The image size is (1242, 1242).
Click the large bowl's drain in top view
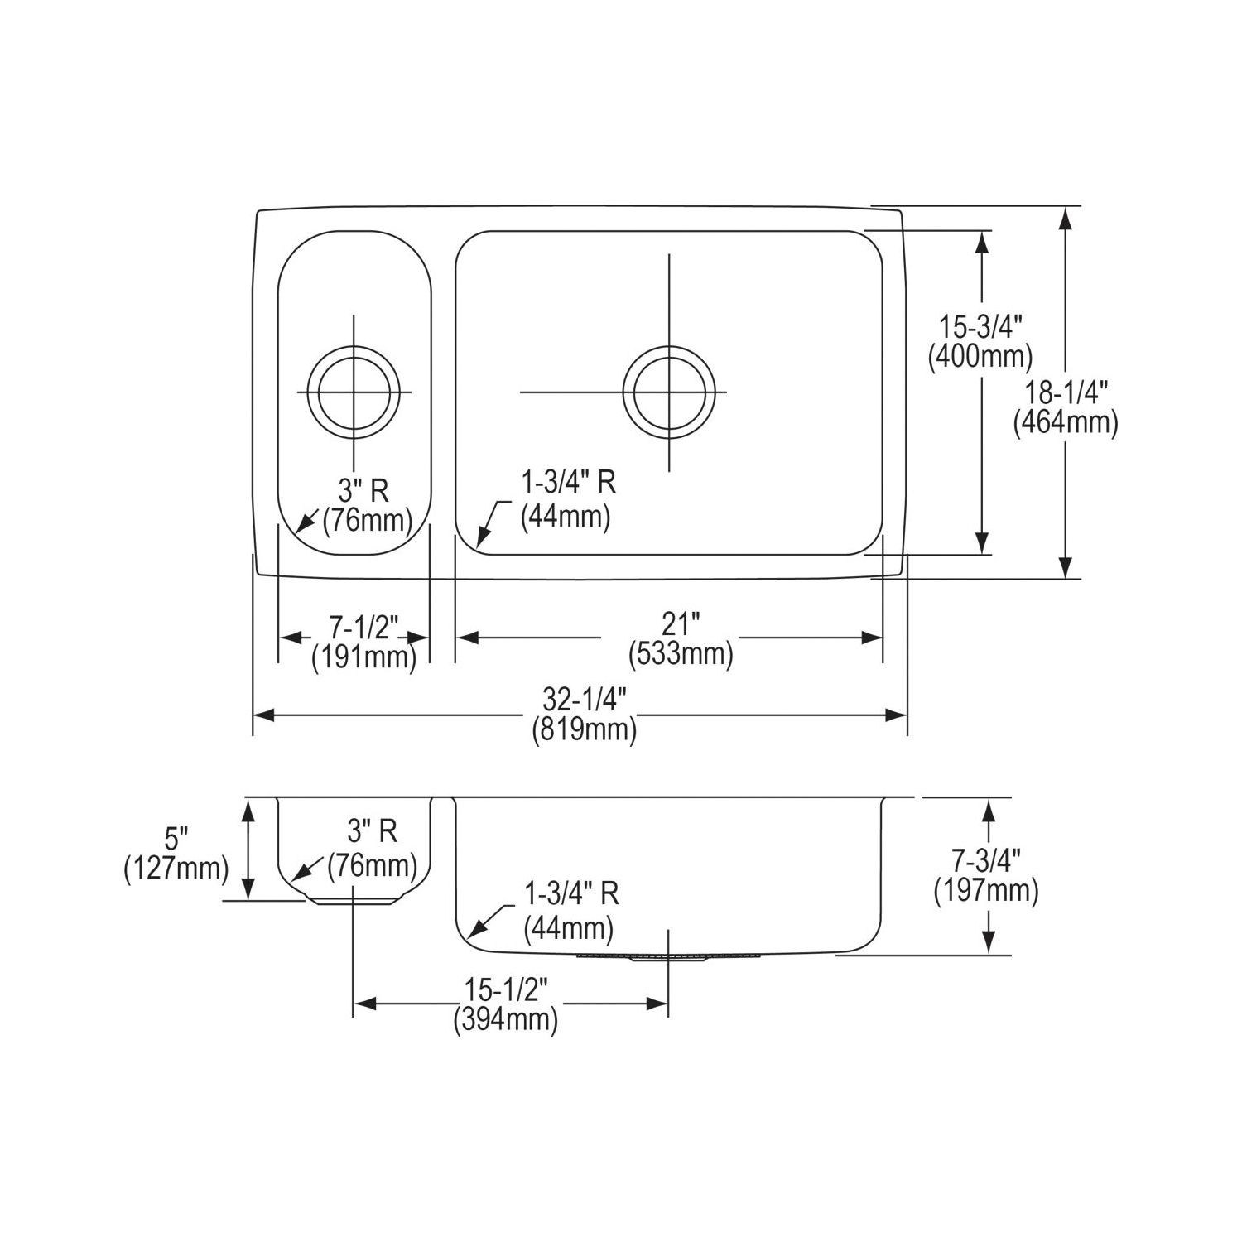click(x=669, y=391)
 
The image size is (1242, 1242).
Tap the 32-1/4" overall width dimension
click(x=583, y=700)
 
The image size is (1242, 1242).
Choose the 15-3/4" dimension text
click(x=981, y=325)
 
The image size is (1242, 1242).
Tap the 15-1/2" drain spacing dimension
click(x=506, y=989)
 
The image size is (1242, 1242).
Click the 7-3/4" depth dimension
click(x=986, y=861)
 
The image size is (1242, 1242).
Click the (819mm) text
click(x=584, y=730)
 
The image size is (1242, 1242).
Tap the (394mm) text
click(x=506, y=1019)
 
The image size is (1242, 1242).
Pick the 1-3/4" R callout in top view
click(x=567, y=482)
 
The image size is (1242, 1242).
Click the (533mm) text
click(x=681, y=654)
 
